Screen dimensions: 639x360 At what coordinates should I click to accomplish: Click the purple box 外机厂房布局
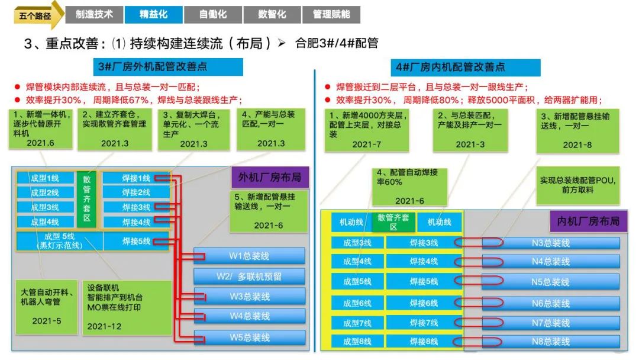pos(270,178)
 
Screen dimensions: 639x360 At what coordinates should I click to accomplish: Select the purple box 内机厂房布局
pos(588,221)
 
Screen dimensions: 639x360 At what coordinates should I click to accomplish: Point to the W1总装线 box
pos(249,256)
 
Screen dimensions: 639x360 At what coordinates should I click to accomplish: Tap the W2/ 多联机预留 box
pos(249,277)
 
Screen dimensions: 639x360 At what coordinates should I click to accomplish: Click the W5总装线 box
pos(249,337)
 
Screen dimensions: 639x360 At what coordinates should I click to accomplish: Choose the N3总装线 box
pos(550,243)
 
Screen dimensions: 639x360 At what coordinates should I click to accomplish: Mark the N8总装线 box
pos(550,342)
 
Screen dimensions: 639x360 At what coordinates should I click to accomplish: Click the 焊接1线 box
pos(136,178)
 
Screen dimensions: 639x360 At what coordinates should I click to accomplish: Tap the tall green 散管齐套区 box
pos(86,200)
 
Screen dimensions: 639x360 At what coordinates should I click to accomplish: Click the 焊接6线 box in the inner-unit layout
pos(424,303)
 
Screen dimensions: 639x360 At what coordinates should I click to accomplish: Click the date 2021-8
pos(576,145)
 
